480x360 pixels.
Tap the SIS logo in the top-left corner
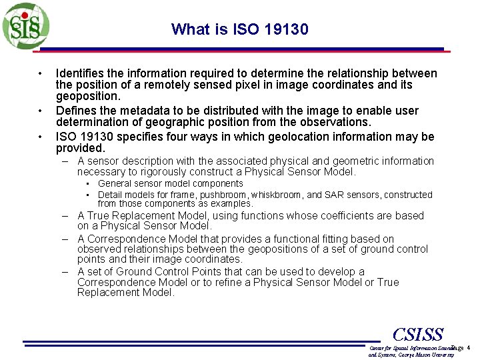point(25,26)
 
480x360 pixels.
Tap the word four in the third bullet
point(191,137)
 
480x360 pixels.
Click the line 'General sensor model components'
point(170,183)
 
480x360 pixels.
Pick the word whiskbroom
point(273,195)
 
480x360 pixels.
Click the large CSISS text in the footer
point(418,334)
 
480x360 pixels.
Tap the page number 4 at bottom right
point(469,348)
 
